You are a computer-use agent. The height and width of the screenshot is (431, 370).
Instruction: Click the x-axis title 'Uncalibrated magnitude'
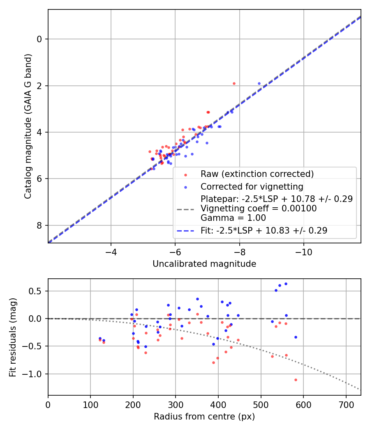(x=204, y=264)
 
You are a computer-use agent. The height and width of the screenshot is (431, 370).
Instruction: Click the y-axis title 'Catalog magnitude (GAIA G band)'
(x=28, y=126)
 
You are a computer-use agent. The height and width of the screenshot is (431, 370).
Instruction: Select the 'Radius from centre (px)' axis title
(x=204, y=417)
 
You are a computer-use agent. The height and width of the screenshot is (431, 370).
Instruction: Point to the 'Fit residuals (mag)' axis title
(x=13, y=337)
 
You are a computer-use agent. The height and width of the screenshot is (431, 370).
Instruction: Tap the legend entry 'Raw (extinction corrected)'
(x=257, y=174)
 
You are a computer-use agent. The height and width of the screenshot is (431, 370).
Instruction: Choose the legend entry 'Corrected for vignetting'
(x=252, y=187)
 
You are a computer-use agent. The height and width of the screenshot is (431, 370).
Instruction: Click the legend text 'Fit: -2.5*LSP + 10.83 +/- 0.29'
(x=264, y=231)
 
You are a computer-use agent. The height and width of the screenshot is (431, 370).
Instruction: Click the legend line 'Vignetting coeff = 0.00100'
(x=259, y=209)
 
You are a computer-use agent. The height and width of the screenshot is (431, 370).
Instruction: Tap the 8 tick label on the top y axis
(x=39, y=225)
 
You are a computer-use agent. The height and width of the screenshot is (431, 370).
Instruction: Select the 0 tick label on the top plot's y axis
(x=39, y=39)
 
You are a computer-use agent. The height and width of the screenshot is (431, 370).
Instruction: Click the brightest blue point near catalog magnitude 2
(x=259, y=83)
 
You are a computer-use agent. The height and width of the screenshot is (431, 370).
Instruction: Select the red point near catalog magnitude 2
(x=234, y=83)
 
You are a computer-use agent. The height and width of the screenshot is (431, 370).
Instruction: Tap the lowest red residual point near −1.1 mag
(x=296, y=380)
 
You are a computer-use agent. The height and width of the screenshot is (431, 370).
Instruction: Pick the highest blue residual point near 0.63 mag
(x=286, y=284)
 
